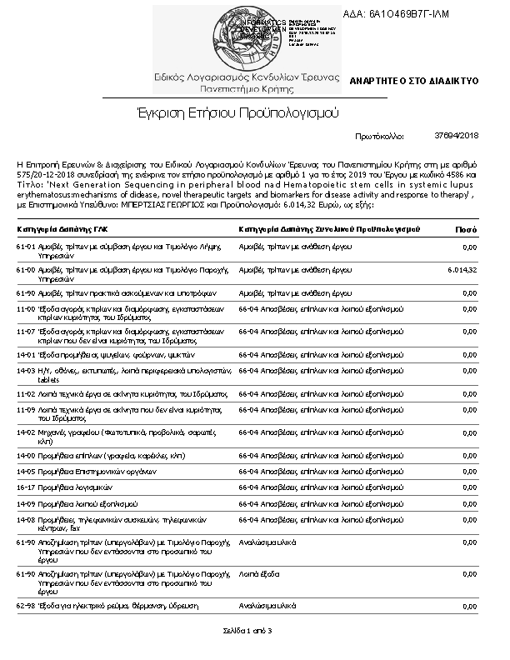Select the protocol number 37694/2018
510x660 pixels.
coord(457,135)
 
